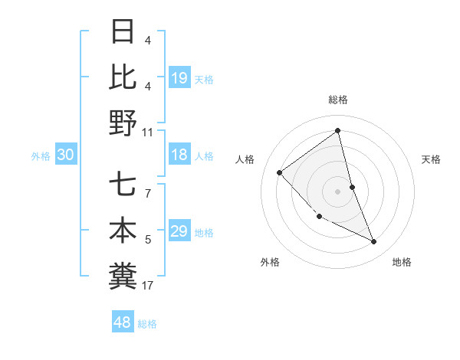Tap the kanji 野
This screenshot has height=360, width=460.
coord(123,122)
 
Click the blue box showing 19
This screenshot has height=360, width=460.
coord(179,77)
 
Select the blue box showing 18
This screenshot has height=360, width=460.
coord(179,155)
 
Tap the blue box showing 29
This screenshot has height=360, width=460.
coord(179,232)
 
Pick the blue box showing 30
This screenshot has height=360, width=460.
coord(66,155)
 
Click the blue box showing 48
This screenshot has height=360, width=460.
coord(123,322)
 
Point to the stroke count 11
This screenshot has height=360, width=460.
coord(148,132)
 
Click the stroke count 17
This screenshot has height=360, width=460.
coord(148,286)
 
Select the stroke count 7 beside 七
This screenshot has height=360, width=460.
coord(148,186)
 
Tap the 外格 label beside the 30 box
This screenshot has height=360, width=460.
coord(41,156)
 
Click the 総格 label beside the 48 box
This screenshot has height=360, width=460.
coord(147,324)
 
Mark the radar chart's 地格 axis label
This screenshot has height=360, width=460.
coord(402,262)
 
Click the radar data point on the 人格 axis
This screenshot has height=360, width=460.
coord(280,172)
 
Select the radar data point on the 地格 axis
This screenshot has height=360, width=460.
coord(374,241)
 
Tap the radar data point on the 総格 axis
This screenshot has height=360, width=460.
coord(338,130)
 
